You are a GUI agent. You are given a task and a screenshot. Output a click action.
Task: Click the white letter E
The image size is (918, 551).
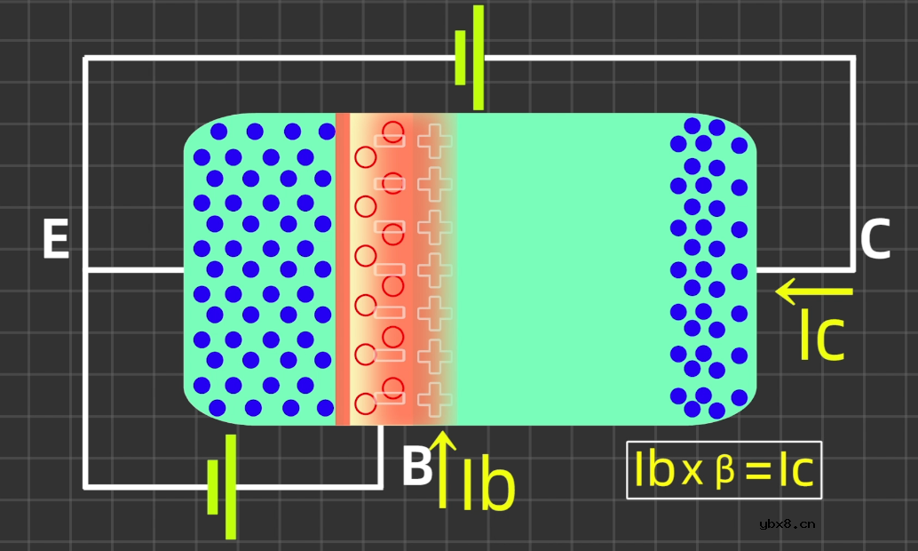pos(56,238)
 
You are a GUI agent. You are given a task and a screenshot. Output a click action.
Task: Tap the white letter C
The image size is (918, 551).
pos(874,238)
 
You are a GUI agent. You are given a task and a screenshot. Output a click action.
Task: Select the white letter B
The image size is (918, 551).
pos(417,466)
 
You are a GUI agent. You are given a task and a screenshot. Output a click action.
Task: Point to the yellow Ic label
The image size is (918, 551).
pos(822,334)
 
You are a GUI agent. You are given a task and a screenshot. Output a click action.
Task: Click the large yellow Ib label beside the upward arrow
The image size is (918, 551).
pos(489,484)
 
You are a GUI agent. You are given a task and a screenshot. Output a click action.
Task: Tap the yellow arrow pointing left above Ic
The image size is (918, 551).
pos(814,291)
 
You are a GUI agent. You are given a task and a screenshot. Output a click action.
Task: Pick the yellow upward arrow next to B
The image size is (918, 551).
pos(443,469)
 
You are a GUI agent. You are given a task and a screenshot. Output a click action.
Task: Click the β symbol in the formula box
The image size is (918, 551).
pos(724,470)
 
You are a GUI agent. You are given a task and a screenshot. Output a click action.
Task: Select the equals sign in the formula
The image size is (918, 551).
pos(758,471)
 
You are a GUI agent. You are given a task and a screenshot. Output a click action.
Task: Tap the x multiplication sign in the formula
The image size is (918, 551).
pos(692,471)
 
